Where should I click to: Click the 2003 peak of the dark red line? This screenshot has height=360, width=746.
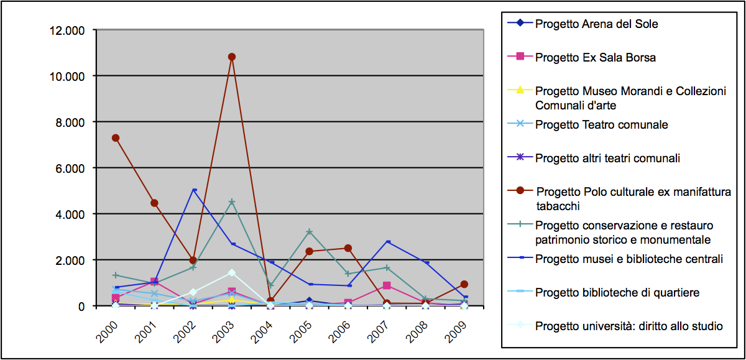click(x=232, y=57)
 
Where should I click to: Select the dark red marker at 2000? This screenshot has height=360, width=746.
click(x=116, y=138)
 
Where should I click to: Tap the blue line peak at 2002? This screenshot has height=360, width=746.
click(x=193, y=190)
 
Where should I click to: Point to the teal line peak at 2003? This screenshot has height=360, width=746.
click(x=232, y=201)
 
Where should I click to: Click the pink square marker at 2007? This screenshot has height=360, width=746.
click(x=387, y=285)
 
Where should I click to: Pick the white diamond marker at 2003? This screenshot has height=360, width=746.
click(x=232, y=272)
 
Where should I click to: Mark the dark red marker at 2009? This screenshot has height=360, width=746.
click(x=464, y=284)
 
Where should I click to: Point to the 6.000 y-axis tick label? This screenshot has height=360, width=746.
click(x=69, y=168)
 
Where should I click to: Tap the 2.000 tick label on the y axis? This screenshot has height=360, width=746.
click(x=69, y=260)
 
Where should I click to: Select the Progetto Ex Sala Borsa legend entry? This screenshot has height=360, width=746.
click(x=595, y=58)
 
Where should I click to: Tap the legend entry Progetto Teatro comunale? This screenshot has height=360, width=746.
click(x=601, y=125)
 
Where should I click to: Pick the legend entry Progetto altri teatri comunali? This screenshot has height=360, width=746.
click(x=607, y=158)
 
